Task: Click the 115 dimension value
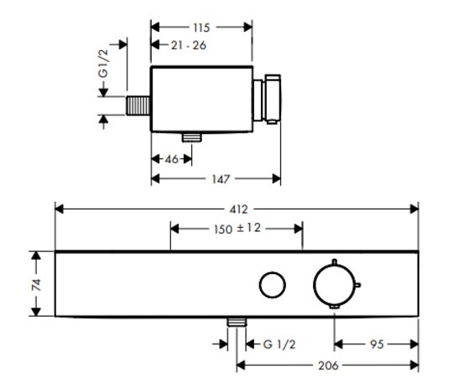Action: pos(201,28)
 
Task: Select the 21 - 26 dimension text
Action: pos(189,45)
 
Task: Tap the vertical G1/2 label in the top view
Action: pos(103,64)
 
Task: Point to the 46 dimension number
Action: pos(172,159)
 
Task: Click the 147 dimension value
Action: pos(221,179)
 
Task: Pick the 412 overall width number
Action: pos(238,209)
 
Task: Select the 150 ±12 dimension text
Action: pos(237,229)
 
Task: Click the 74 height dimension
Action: pos(36,284)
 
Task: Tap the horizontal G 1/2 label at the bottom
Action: pos(279,344)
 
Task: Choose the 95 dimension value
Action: pos(377,344)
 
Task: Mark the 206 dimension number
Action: pos(328,366)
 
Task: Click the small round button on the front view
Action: pos(273,285)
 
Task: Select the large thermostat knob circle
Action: pos(334,284)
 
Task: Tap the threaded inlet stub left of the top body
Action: pos(138,106)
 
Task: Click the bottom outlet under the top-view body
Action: pos(191,137)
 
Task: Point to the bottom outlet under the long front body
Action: pos(237,322)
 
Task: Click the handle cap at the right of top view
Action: pos(273,99)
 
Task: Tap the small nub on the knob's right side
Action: pos(358,285)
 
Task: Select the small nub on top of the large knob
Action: pos(334,262)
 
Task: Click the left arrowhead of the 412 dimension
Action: pos(60,209)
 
